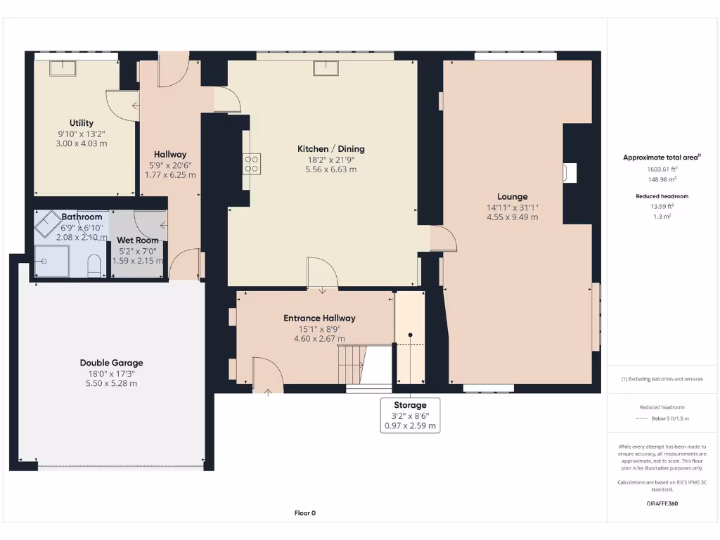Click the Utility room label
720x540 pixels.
82,123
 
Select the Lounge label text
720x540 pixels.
512,197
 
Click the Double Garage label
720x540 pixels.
111,363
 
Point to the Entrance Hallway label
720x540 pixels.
319,318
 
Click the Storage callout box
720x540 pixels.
410,415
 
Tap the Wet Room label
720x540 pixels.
138,240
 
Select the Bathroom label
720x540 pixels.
82,217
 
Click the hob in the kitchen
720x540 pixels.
252,164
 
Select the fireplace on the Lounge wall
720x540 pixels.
570,173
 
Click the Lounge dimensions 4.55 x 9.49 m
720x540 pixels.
512,217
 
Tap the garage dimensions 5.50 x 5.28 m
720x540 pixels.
111,383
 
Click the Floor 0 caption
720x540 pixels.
304,513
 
